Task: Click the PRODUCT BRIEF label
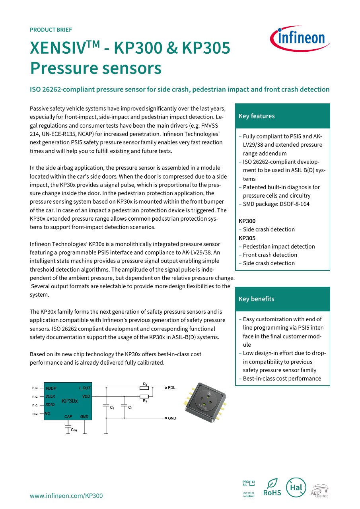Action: [x=51, y=30]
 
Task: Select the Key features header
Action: [x=257, y=116]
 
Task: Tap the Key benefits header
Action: [x=257, y=299]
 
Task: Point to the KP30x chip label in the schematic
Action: [x=70, y=401]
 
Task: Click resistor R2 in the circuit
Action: [x=145, y=387]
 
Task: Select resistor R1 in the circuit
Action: [x=145, y=396]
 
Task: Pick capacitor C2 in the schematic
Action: [x=106, y=406]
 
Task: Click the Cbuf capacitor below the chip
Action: [x=67, y=428]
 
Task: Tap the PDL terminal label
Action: [x=171, y=387]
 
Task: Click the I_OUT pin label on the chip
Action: [x=85, y=388]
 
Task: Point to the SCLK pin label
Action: [x=50, y=396]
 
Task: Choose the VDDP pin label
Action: [x=51, y=388]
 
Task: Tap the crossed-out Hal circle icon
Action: [x=296, y=488]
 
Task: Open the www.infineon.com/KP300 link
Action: [x=66, y=495]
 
